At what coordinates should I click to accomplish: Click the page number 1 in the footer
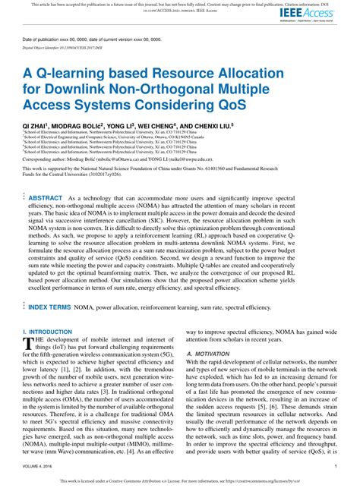pos(336,467)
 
